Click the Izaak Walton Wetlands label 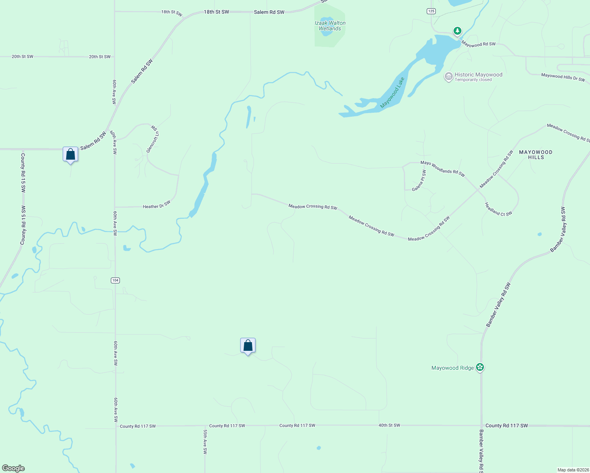330,26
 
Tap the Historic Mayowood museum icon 448,76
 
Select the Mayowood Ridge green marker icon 480,367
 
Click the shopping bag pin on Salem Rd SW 70,154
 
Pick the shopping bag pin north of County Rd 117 248,345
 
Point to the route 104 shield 115,280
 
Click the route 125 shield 431,11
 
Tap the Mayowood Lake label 392,93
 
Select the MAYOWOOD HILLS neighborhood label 536,155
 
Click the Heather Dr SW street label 157,205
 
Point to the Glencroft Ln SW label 153,139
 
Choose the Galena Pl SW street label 419,181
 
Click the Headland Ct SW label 498,209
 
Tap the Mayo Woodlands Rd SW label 442,168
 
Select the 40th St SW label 389,425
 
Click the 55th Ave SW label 205,442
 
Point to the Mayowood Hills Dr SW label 563,77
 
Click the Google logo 13,468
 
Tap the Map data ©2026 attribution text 572,470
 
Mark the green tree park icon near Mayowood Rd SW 457,31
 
